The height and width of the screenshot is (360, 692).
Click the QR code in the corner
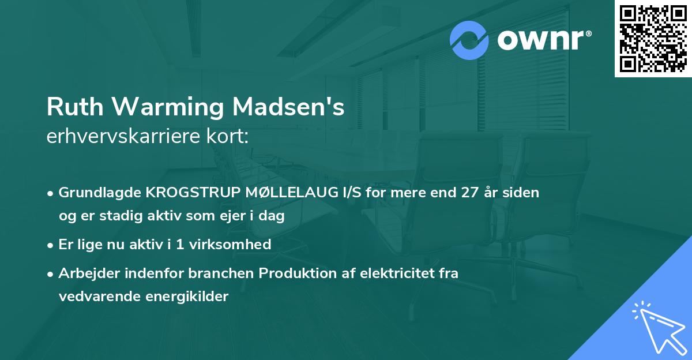653,39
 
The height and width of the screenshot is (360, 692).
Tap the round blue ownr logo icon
469,40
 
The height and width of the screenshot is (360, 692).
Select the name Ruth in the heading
70,108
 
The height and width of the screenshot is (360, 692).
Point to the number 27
471,193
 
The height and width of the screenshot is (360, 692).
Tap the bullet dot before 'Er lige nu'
51,245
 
